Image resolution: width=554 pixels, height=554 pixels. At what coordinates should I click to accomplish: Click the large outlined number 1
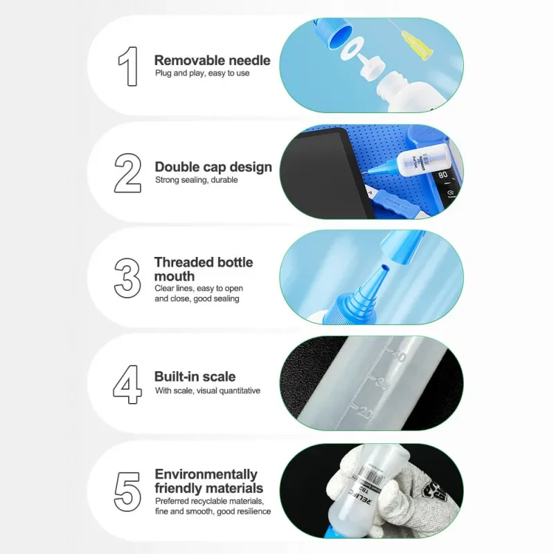click(x=128, y=66)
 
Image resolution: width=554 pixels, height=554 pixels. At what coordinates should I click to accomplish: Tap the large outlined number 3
click(x=127, y=278)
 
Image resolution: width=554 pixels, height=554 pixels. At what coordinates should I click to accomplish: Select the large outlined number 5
click(x=127, y=490)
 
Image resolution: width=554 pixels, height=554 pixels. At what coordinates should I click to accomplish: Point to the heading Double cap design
click(x=213, y=167)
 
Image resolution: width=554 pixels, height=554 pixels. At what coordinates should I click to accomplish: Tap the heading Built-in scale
click(x=195, y=377)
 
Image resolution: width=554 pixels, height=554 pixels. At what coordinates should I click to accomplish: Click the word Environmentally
click(x=206, y=474)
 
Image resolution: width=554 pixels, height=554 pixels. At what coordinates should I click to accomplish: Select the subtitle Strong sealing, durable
click(x=196, y=180)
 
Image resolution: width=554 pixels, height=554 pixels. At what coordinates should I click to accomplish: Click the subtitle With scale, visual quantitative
click(x=207, y=391)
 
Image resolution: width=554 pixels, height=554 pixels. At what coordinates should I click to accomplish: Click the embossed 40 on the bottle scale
click(x=398, y=357)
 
